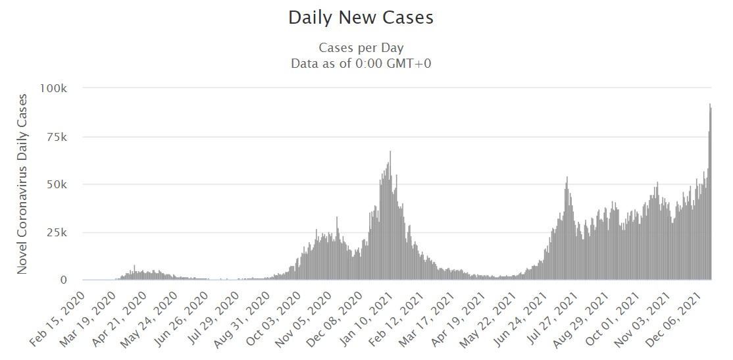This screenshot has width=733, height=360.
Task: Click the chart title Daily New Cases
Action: (361, 18)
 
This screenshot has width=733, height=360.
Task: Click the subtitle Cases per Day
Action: (361, 48)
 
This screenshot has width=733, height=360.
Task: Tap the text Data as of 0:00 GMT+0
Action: (361, 64)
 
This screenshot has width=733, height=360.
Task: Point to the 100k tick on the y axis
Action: (54, 88)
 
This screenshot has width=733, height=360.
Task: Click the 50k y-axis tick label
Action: (57, 184)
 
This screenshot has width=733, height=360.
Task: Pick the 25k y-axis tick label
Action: (57, 232)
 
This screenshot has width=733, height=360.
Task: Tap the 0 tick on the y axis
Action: (63, 280)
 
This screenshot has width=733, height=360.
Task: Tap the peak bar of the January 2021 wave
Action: (390, 217)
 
